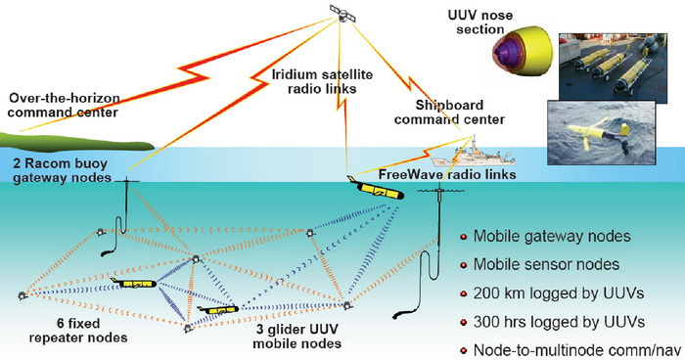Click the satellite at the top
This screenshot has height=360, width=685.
click(342, 13)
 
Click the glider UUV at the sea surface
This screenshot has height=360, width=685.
click(377, 189)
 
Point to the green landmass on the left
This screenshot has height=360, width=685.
click(76, 141)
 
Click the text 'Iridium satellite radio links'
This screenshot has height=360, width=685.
click(322, 81)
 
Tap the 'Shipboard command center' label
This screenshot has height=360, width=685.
click(449, 112)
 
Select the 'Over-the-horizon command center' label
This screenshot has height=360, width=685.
click(64, 105)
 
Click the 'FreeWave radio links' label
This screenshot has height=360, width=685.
click(447, 174)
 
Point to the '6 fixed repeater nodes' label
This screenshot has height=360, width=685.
click(78, 331)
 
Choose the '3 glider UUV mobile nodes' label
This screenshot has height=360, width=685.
click(297, 336)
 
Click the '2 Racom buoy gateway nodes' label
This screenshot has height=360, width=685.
click(62, 170)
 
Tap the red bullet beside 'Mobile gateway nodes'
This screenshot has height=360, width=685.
click(464, 238)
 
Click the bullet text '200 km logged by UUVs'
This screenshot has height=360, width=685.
click(559, 293)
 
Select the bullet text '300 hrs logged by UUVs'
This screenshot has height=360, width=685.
click(559, 322)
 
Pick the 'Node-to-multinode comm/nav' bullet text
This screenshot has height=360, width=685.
click(577, 350)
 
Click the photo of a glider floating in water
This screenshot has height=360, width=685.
click(602, 133)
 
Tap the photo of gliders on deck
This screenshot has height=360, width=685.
click(613, 68)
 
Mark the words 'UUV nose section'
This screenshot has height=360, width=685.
click(480, 22)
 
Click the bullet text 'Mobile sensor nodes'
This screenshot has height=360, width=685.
click(546, 265)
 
